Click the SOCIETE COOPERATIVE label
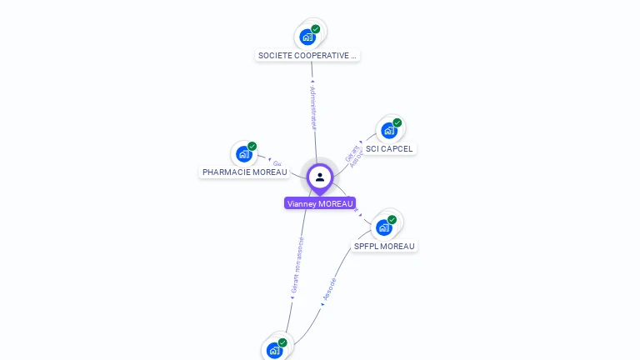(x=307, y=56)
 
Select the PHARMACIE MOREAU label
(x=244, y=172)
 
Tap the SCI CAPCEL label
(x=389, y=149)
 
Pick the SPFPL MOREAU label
(x=384, y=247)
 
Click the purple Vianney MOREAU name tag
(x=320, y=203)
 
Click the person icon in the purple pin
(x=320, y=177)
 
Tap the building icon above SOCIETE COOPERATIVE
(x=307, y=37)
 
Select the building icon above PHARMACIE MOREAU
(x=243, y=154)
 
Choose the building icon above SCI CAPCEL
(x=388, y=131)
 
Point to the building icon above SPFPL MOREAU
(x=383, y=227)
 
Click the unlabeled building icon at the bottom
(x=274, y=350)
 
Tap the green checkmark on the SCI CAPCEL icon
(x=397, y=122)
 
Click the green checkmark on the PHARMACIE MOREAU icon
(x=252, y=146)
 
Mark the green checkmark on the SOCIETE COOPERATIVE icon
(x=316, y=29)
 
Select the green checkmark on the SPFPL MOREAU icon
(x=392, y=220)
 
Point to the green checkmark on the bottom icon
(x=282, y=342)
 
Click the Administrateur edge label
(x=313, y=107)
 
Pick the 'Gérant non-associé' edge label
(x=297, y=265)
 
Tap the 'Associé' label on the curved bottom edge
(x=329, y=288)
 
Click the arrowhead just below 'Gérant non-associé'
(x=292, y=297)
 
